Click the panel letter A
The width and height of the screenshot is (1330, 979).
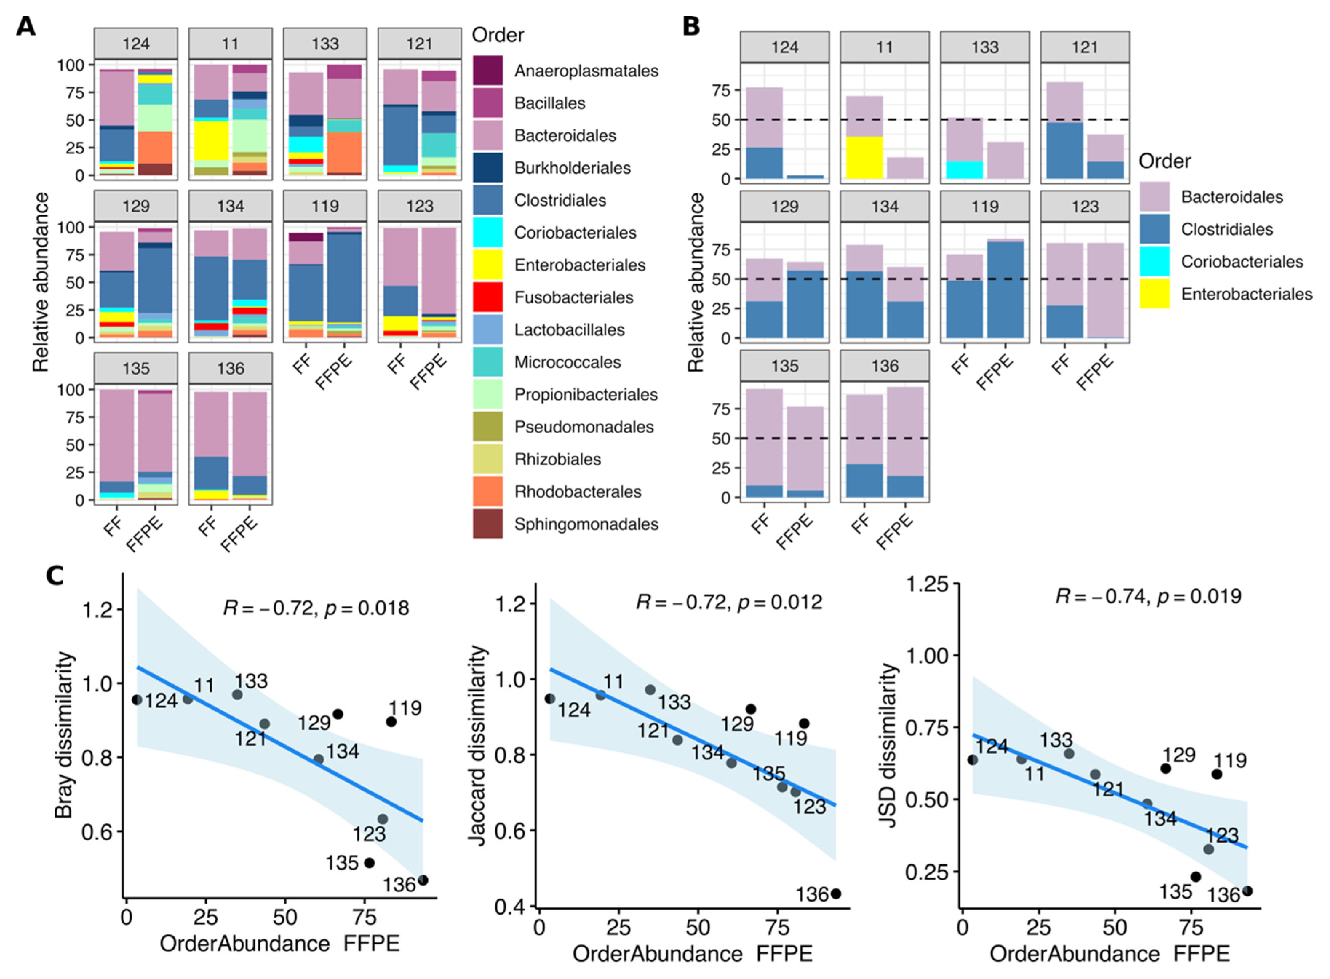[25, 27]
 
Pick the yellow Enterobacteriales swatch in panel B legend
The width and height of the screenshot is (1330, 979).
[1154, 294]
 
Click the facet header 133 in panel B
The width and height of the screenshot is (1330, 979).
[984, 47]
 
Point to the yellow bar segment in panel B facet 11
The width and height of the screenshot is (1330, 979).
[864, 157]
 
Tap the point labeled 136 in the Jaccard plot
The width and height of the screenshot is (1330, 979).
[836, 894]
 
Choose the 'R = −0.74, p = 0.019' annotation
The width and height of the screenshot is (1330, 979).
[1148, 596]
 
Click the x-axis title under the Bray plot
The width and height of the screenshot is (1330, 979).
[279, 943]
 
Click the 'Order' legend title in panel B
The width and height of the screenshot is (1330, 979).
[1164, 161]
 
